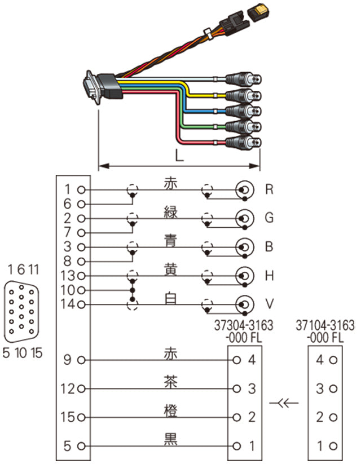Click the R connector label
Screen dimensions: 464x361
(x=269, y=189)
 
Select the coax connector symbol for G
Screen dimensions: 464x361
(x=245, y=218)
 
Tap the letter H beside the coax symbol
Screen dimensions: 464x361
(x=270, y=276)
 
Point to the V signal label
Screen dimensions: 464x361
(x=270, y=304)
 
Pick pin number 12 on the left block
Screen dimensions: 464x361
(x=69, y=388)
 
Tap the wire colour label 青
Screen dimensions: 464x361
(x=170, y=241)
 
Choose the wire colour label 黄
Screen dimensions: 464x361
(x=170, y=270)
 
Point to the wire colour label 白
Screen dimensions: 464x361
(x=170, y=299)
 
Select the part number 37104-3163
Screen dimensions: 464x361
(x=325, y=325)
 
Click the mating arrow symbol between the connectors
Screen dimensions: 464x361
(x=285, y=403)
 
